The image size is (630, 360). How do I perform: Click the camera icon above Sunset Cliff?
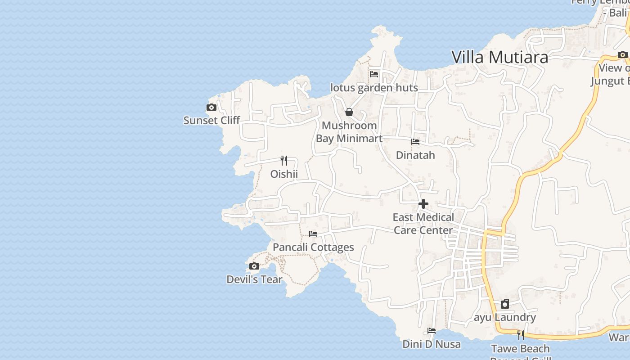point(211,108)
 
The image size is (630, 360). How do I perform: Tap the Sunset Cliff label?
point(211,120)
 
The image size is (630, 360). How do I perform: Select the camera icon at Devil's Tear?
point(254,266)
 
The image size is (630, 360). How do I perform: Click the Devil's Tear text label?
point(254,279)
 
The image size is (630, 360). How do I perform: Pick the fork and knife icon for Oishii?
point(284,161)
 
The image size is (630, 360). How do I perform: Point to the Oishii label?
point(284,174)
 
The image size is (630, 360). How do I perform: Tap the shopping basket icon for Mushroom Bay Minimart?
point(349,112)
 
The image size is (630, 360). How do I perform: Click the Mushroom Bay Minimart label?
point(349,132)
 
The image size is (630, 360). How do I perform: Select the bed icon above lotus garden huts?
point(374,74)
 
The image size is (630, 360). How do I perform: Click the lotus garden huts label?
point(374,88)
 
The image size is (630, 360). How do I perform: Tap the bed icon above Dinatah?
point(415,142)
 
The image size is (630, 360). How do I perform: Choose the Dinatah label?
point(415,155)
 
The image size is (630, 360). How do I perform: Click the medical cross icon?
point(423,204)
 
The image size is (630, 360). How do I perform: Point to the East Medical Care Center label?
point(423,224)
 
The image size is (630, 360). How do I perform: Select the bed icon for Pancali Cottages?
point(313,234)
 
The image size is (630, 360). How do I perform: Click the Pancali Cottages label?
point(313,247)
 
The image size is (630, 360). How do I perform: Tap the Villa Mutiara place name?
point(499,57)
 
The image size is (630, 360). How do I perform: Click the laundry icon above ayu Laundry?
point(505,304)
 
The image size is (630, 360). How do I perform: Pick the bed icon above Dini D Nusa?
point(432,331)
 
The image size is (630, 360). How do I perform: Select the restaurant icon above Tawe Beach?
point(521,335)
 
